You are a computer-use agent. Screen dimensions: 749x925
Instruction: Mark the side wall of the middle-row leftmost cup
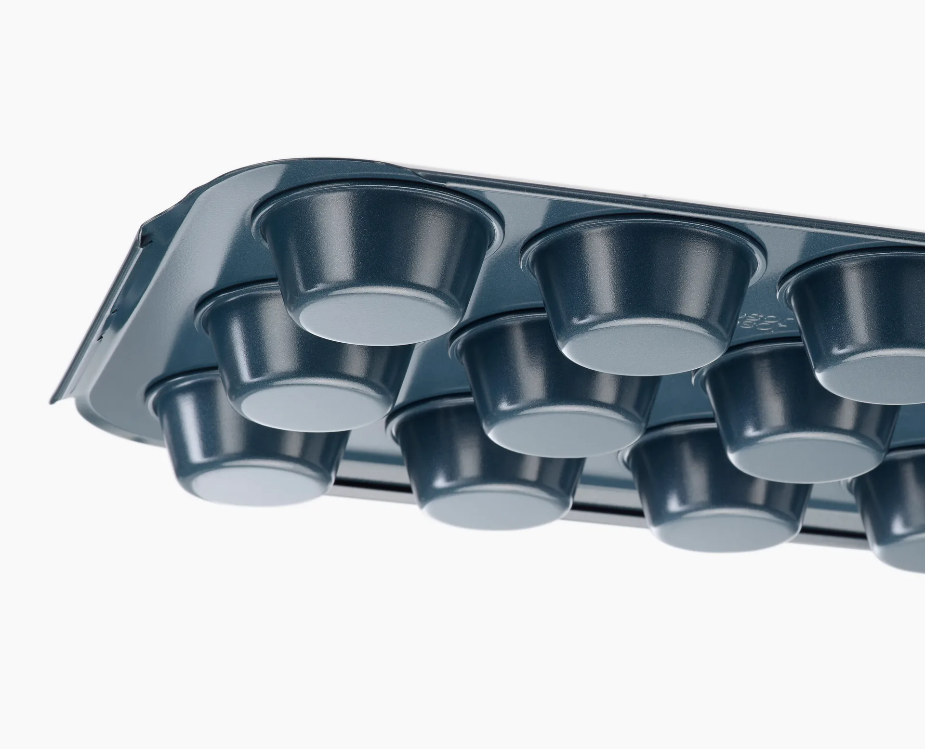241,347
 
